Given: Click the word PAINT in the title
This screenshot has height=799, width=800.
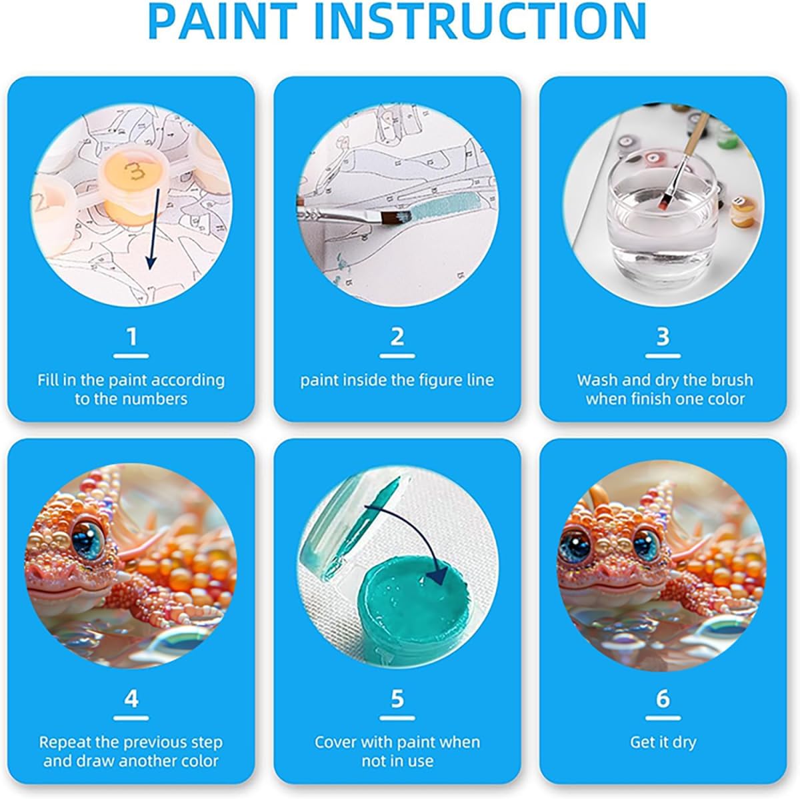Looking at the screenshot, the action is (221, 21).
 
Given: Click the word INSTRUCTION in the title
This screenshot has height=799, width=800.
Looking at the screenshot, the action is (480, 21).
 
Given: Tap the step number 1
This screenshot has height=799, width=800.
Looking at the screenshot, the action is (131, 337).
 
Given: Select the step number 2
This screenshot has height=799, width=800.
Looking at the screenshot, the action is (397, 337).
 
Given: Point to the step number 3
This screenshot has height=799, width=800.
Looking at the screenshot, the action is (663, 337).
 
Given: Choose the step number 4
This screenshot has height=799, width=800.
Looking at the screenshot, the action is (131, 698).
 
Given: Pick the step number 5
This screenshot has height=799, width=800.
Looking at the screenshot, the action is (397, 698).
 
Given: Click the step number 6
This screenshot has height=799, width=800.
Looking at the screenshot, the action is (663, 698).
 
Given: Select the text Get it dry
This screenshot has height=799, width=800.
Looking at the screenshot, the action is (663, 742).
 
